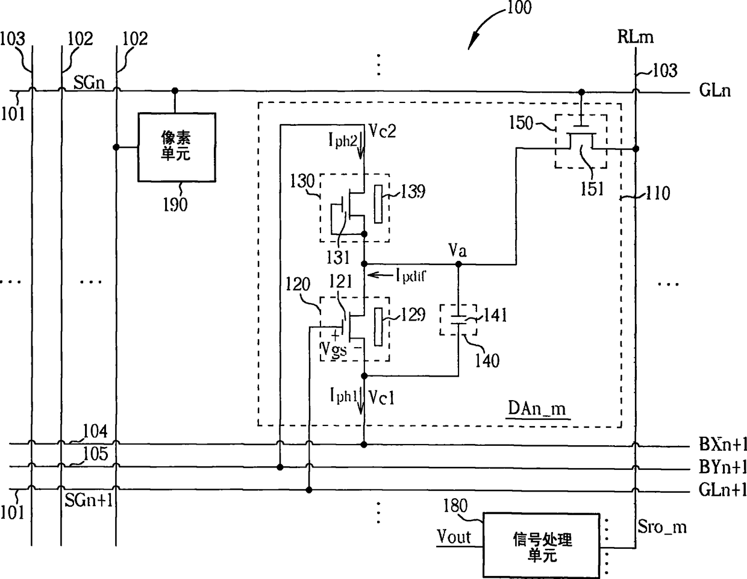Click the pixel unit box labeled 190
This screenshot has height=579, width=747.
click(177, 147)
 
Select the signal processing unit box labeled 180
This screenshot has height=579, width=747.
click(542, 545)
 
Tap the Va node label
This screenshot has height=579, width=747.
click(458, 251)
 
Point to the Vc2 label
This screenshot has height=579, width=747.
click(383, 131)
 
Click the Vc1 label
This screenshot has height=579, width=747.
click(381, 398)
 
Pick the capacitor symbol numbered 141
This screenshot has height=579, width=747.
click(458, 320)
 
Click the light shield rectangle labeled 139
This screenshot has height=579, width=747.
click(378, 204)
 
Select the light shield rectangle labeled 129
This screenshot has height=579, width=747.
click(378, 327)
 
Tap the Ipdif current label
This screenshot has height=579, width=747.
click(410, 276)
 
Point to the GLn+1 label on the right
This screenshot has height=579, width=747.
click(722, 490)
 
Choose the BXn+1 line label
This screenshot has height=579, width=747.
click(722, 444)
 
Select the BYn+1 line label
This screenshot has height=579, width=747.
click(722, 467)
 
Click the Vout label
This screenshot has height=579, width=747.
click(454, 537)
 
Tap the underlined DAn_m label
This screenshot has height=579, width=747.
click(537, 409)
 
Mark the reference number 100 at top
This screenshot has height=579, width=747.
click(519, 8)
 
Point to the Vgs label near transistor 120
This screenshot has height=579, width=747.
click(334, 350)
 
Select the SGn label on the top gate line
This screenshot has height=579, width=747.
click(89, 83)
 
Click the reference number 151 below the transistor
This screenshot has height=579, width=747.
click(592, 189)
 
